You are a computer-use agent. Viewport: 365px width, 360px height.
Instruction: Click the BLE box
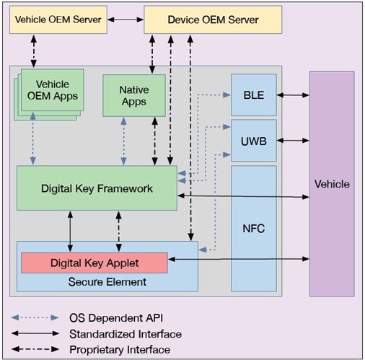point(253,95)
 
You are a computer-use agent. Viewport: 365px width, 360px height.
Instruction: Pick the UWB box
point(253,135)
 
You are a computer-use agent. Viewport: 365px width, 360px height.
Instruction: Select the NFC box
point(253,229)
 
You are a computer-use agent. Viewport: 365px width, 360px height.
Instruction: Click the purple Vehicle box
point(332,183)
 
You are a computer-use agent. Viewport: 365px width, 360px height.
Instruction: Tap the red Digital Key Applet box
point(94,263)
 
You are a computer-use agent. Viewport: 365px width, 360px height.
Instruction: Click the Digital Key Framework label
point(96,189)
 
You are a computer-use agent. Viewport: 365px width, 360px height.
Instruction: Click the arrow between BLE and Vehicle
point(293,95)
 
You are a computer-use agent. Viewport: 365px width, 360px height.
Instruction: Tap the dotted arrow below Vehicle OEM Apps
point(33,141)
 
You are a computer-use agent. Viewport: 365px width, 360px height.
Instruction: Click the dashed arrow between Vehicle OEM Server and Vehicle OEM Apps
point(33,51)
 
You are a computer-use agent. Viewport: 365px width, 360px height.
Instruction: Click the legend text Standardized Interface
point(125,333)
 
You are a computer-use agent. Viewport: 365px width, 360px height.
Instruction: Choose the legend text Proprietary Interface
point(120,349)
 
